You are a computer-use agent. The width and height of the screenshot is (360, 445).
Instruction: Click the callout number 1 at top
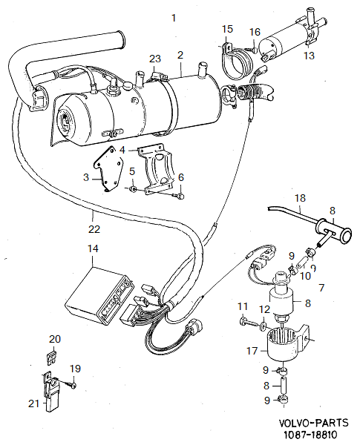174,16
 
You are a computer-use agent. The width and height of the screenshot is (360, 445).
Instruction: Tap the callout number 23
154,59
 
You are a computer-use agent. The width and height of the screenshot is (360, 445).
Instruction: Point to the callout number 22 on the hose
91,216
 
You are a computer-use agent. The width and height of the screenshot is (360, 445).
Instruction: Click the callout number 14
92,250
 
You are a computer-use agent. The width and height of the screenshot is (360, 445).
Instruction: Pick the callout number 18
300,198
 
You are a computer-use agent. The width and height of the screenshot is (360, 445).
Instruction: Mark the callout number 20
53,339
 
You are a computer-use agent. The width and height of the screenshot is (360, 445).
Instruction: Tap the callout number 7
321,287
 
